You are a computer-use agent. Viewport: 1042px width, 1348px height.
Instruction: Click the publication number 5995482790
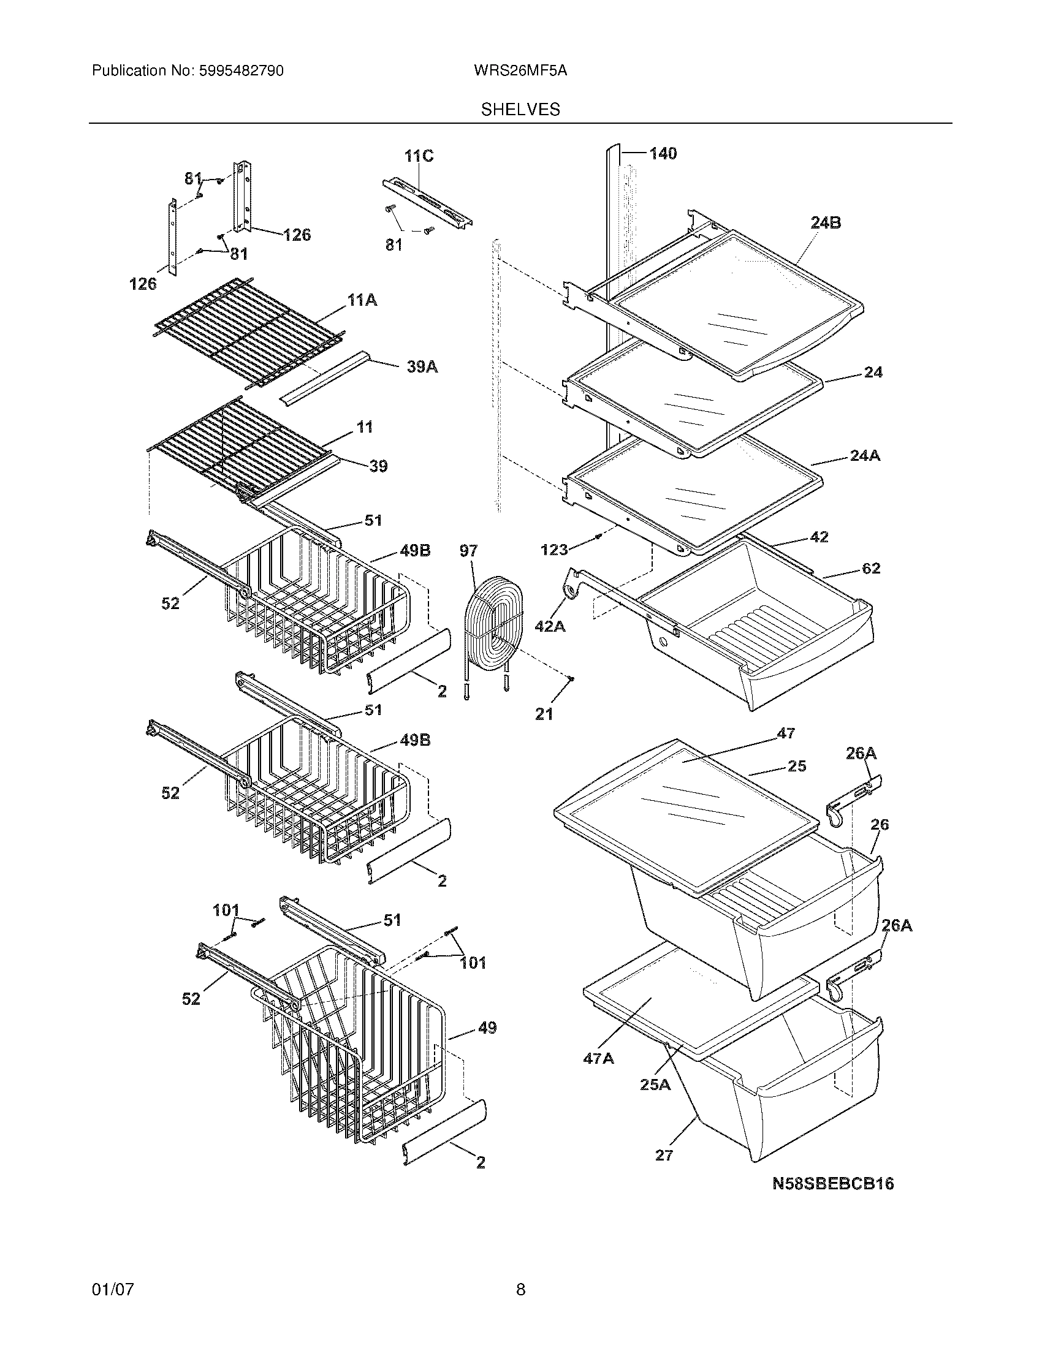[x=241, y=71]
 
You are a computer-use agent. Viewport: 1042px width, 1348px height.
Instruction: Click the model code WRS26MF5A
[x=520, y=71]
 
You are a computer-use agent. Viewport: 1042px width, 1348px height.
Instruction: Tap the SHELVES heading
[x=520, y=110]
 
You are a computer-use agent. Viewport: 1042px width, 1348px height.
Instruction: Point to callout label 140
[x=663, y=153]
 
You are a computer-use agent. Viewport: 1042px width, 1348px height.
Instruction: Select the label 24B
[x=826, y=223]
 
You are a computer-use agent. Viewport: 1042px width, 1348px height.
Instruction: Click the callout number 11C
[x=419, y=156]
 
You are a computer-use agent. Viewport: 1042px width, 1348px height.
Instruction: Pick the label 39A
[x=422, y=367]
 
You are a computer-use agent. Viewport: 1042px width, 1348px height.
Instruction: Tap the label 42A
[x=549, y=626]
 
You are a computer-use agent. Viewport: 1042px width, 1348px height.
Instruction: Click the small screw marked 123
[x=599, y=538]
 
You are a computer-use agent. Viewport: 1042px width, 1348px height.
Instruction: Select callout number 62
[x=870, y=568]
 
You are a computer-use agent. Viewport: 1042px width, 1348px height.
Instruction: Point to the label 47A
[x=598, y=1059]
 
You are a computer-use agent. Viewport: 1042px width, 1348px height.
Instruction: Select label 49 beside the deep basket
[x=487, y=1028]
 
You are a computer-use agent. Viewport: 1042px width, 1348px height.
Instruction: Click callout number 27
[x=664, y=1155]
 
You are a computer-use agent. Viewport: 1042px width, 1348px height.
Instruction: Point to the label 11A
[x=362, y=301]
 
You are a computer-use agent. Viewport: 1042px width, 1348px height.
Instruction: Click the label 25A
[x=655, y=1085]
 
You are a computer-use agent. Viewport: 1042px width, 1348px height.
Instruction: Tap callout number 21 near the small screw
[x=544, y=714]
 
